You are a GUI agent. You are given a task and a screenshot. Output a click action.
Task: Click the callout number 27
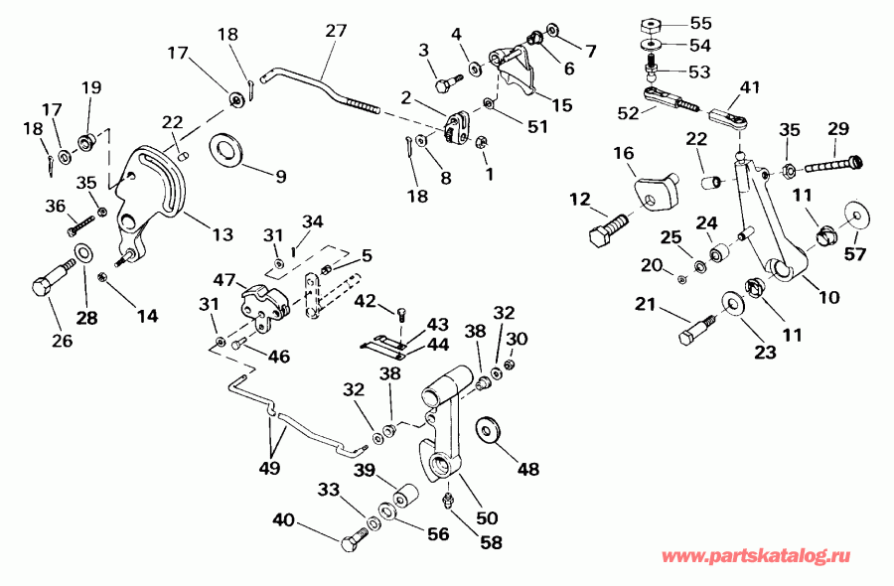click(336, 30)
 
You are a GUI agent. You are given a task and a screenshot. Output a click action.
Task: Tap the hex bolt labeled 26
click(50, 281)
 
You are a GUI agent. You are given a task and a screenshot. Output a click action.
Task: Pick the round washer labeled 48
click(490, 430)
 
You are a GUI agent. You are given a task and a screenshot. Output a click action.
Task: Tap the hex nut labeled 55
click(652, 24)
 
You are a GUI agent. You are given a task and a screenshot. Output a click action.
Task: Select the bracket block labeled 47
click(261, 301)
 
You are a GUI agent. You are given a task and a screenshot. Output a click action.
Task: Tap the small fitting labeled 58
click(448, 495)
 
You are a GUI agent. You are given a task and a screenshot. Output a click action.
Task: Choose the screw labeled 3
click(443, 73)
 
